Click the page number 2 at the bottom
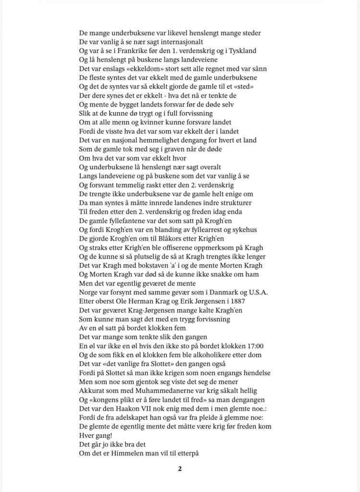click(x=180, y=469)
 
